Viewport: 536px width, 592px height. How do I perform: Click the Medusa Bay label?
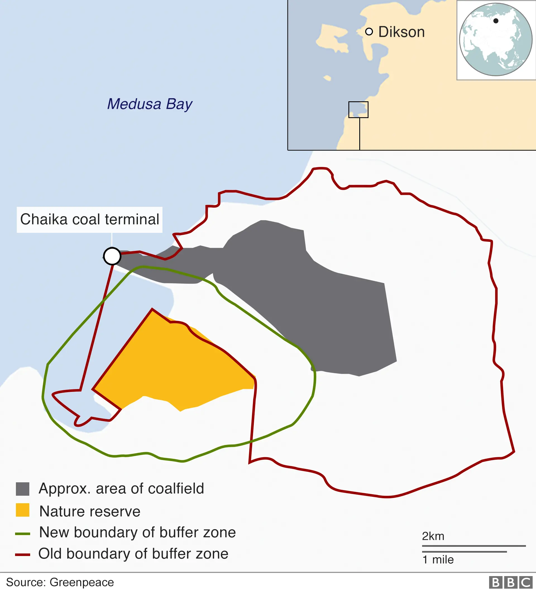pyautogui.click(x=149, y=104)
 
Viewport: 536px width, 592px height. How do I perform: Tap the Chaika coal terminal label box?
pyautogui.click(x=90, y=219)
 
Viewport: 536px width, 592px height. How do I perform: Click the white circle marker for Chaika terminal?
pyautogui.click(x=112, y=256)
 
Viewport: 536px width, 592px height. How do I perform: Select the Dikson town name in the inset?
pyautogui.click(x=401, y=32)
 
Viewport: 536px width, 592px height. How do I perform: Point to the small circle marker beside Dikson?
pyautogui.click(x=369, y=32)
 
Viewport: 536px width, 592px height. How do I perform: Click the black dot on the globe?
pyautogui.click(x=496, y=21)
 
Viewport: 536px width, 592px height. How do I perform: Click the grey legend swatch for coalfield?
pyautogui.click(x=23, y=489)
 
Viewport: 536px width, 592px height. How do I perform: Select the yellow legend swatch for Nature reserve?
pyautogui.click(x=23, y=510)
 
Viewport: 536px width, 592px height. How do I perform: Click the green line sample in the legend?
pyautogui.click(x=23, y=534)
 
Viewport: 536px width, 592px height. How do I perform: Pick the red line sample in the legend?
pyautogui.click(x=23, y=555)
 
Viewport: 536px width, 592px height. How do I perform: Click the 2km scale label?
pyautogui.click(x=433, y=536)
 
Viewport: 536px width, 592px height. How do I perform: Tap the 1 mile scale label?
pyautogui.click(x=438, y=560)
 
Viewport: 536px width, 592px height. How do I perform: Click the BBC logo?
pyautogui.click(x=510, y=583)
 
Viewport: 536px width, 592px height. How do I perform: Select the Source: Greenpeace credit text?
pyautogui.click(x=60, y=582)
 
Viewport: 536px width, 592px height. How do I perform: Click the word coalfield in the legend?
pyautogui.click(x=176, y=489)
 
